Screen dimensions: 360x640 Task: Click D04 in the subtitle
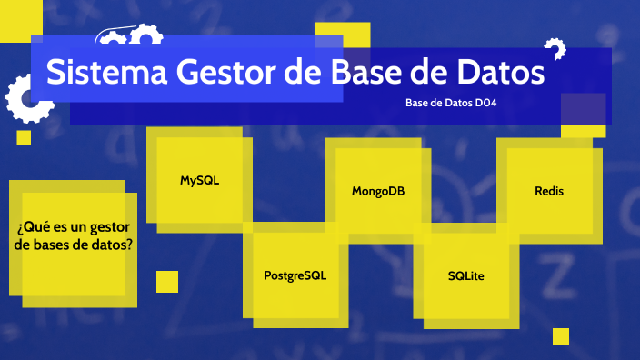[x=485, y=104]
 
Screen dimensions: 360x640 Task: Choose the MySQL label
[x=199, y=180]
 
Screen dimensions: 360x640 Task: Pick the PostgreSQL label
[x=295, y=275]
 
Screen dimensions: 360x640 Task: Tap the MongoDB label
[x=378, y=191]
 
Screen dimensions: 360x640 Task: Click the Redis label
[x=549, y=191]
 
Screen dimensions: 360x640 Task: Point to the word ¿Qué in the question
[x=34, y=226]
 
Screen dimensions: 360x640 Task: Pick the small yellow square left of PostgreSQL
[x=167, y=282]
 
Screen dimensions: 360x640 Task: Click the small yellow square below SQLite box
[x=561, y=336]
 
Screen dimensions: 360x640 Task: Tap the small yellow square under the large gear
[x=24, y=137]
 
